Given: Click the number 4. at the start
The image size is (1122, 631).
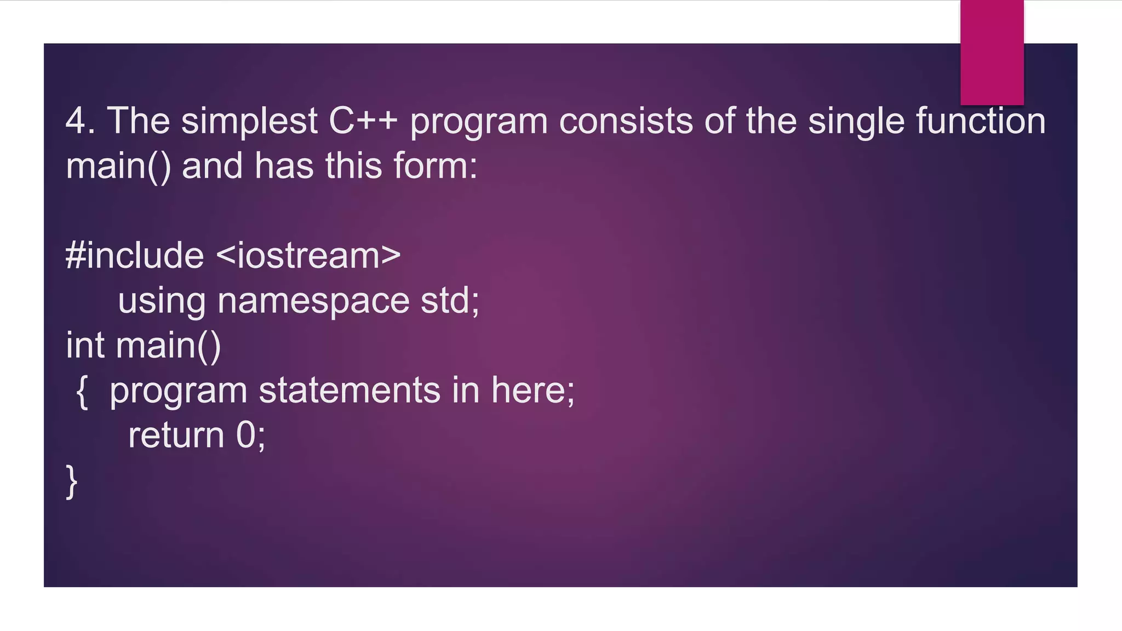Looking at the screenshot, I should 80,121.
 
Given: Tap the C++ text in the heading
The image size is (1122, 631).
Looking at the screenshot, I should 363,121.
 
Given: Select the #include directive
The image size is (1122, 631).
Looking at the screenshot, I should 135,256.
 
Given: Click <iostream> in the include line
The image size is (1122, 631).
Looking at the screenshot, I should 308,256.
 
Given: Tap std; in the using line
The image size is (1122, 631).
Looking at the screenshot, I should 450,301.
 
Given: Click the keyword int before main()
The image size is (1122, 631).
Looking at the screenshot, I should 85,346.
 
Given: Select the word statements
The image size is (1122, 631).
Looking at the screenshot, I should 350,391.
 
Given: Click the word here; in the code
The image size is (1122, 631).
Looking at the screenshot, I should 533,391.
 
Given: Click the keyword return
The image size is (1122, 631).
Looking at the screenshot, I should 176,436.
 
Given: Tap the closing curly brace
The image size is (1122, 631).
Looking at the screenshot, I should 71,481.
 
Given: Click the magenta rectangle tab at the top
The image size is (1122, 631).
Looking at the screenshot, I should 992,52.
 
